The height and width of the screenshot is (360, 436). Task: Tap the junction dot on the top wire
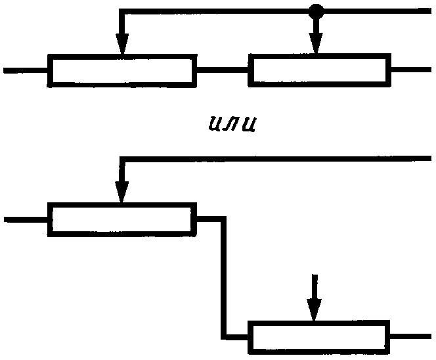click(316, 11)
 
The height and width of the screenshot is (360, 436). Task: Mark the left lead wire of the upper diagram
click(25, 70)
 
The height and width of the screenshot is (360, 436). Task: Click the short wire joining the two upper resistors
click(222, 69)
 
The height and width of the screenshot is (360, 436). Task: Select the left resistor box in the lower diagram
click(122, 219)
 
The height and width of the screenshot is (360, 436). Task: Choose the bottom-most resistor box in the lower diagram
click(319, 336)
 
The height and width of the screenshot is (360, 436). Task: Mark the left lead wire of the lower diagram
click(25, 219)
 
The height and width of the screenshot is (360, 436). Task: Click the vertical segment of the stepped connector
click(225, 276)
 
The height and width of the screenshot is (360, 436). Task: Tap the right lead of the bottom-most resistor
click(410, 336)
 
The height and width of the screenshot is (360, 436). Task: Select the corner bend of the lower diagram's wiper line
click(121, 158)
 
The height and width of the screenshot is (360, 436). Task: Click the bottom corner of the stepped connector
click(225, 336)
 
